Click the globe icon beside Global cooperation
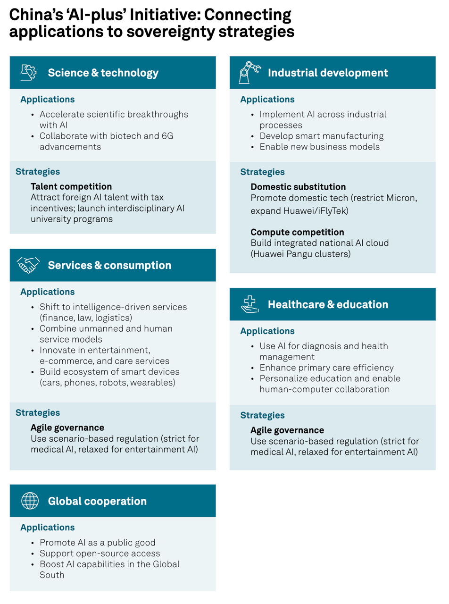30,501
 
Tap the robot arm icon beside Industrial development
249,73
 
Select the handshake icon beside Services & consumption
28,265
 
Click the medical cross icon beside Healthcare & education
249,304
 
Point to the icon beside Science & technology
29,72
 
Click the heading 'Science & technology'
103,73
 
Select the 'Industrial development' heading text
328,73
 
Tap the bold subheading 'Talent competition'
71,186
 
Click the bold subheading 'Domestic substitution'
298,187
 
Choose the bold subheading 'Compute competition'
297,232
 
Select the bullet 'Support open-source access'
100,553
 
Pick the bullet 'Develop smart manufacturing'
321,136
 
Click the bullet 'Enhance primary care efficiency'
326,368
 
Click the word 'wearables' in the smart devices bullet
151,382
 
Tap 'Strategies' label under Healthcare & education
262,415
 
